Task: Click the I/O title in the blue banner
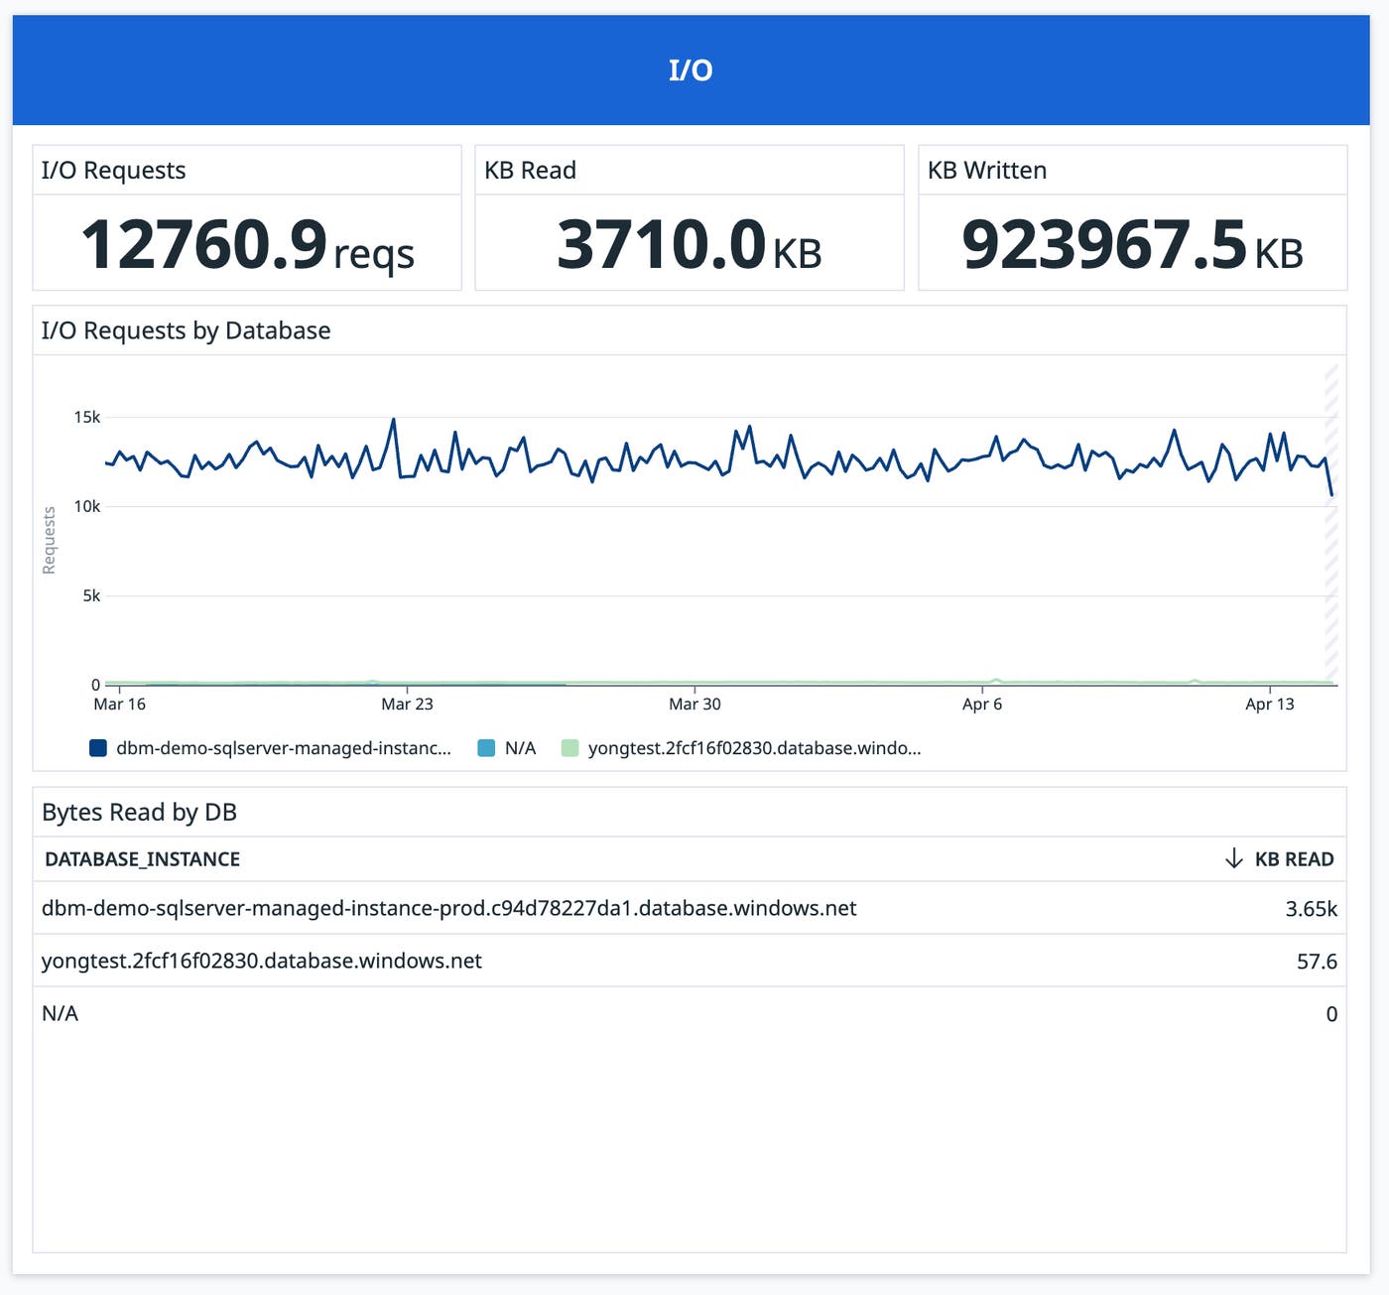coord(691,70)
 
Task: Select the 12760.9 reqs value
coord(247,245)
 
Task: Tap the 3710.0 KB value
coord(689,245)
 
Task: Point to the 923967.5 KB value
coord(1132,245)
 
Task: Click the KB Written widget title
coord(986,171)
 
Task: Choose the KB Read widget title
coord(530,171)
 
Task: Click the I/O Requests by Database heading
coord(186,330)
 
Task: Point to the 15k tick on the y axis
coord(87,418)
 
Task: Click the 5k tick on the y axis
coord(91,596)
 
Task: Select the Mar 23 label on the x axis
coord(407,705)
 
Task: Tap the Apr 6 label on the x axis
coord(982,705)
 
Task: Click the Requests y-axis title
coord(49,541)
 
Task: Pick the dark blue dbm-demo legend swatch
coord(98,748)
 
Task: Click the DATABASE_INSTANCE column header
coord(142,859)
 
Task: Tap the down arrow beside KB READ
coord(1233,858)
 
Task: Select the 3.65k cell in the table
coord(1311,909)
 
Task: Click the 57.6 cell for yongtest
coord(1317,962)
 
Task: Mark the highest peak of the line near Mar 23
coord(394,420)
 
